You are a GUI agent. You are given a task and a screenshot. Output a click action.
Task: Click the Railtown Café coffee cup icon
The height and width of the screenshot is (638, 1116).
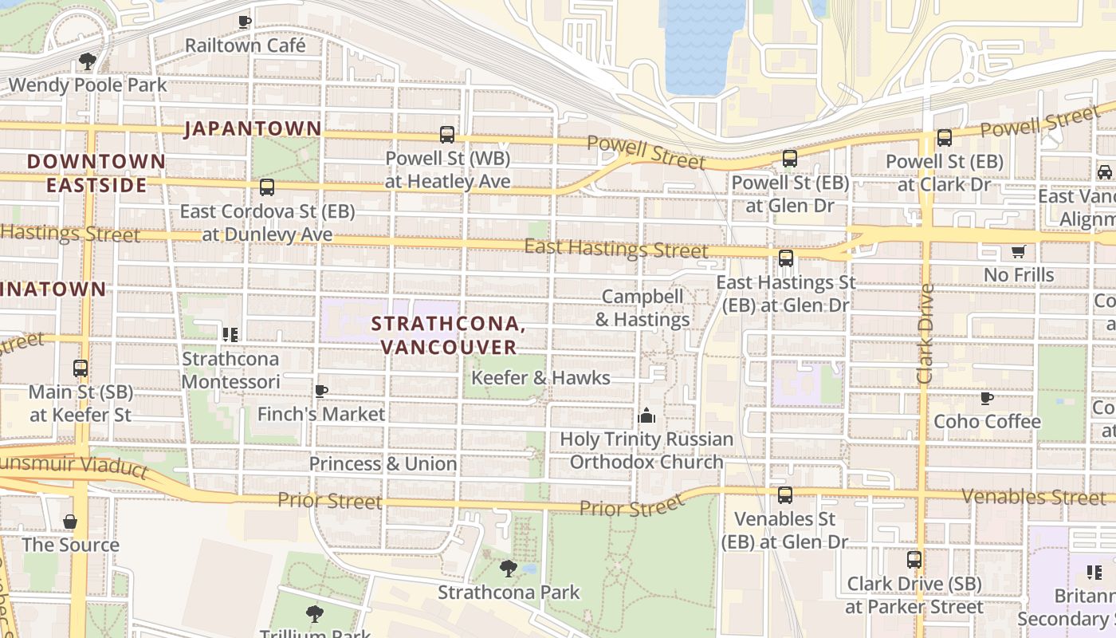coord(245,22)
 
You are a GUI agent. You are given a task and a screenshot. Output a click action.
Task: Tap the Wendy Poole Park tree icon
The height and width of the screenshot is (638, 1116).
coord(88,61)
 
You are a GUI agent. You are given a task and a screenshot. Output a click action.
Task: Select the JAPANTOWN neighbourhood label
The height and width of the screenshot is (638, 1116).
coord(253,128)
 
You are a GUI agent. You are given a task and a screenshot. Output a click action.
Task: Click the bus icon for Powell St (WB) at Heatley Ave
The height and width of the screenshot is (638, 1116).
coord(447,135)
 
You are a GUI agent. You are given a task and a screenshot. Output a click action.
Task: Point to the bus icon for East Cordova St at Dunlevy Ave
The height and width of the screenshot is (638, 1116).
coord(267,187)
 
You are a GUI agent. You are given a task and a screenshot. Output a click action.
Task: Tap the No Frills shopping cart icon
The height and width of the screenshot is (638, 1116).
coord(1018,252)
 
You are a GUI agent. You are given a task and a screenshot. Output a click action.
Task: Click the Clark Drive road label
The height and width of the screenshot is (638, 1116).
coord(925,333)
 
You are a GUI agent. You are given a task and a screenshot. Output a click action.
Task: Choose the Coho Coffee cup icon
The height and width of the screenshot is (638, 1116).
coord(987,398)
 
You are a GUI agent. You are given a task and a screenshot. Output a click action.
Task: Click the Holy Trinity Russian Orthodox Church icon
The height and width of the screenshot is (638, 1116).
coord(646,415)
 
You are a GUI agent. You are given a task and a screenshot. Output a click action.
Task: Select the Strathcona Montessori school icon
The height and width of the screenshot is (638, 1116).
coord(230,335)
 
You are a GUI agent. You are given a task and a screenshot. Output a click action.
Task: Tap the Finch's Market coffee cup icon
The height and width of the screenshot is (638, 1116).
coord(321,391)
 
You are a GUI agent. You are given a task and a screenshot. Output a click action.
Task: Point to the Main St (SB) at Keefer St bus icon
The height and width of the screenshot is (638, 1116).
coord(81,368)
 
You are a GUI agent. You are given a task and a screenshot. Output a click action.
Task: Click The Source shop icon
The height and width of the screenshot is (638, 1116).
coord(70,522)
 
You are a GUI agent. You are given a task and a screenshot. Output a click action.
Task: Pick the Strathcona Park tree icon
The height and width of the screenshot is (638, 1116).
coord(508,569)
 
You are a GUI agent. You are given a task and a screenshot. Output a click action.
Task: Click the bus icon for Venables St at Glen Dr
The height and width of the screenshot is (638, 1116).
coord(785,495)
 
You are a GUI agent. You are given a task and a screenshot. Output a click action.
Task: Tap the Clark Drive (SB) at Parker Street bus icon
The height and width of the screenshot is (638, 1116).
coord(914,560)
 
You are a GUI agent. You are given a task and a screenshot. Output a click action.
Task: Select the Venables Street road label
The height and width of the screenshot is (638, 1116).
coord(1033,497)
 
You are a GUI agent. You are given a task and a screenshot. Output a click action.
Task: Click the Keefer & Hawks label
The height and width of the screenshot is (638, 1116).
coord(540,378)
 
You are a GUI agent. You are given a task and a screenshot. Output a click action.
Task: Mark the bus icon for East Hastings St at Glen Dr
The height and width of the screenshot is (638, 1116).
coord(786,258)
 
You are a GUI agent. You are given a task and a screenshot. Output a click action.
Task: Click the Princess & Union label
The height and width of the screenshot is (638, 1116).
coord(383,464)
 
